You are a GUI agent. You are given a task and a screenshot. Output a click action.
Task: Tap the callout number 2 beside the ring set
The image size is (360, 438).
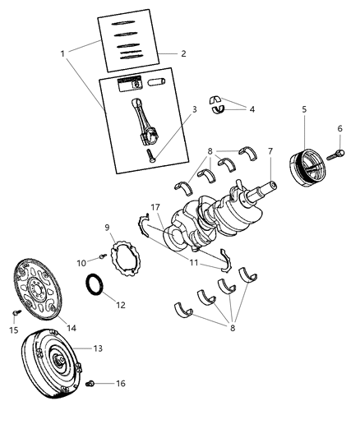point(183,53)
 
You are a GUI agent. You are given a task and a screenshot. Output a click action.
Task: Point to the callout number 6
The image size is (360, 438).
point(339,128)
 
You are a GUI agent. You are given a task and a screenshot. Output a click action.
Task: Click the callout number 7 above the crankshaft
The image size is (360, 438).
point(269,151)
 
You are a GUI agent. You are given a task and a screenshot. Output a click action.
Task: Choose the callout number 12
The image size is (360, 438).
point(121,304)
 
